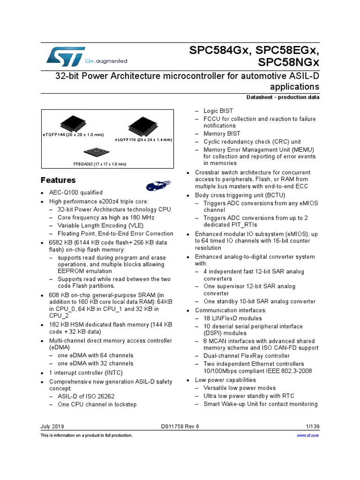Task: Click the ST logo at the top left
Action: [66, 56]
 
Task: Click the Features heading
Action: [58, 180]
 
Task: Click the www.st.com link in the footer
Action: [308, 435]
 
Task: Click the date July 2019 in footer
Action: [52, 427]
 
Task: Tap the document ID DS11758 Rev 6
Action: [180, 427]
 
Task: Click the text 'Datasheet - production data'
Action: [283, 97]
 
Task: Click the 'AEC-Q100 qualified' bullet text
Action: [80, 193]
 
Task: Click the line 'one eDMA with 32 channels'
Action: [96, 363]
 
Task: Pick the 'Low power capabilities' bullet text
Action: [225, 380]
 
